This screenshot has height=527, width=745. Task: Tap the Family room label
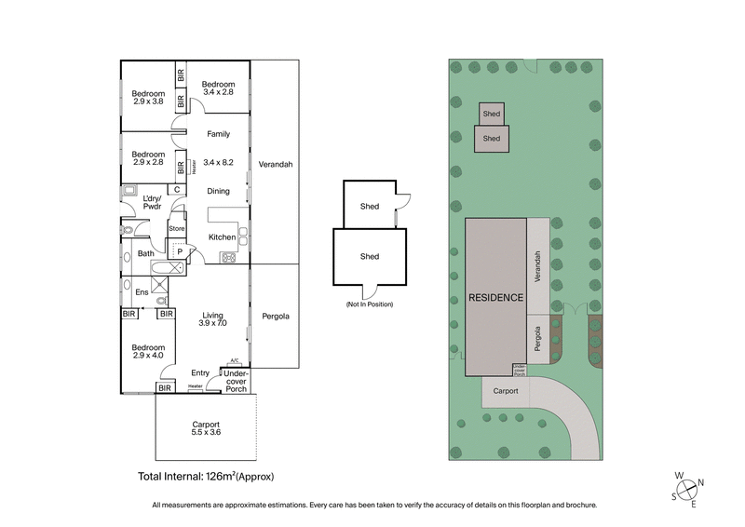coord(218,134)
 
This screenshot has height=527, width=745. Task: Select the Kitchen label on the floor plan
coord(222,237)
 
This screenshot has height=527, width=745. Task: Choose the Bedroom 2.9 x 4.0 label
coord(147,349)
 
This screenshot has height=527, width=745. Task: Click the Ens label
coord(142,293)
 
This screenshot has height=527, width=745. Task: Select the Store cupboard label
coord(176,228)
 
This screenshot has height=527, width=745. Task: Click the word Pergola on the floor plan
coord(276,316)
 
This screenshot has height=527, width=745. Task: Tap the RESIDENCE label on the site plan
coord(496,297)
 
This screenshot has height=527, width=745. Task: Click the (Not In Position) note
coord(371,304)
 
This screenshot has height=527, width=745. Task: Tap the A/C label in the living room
coord(235,360)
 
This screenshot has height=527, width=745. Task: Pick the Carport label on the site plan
coord(506,392)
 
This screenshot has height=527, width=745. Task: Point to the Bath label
coord(146,253)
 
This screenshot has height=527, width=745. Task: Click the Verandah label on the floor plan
coord(276,164)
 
